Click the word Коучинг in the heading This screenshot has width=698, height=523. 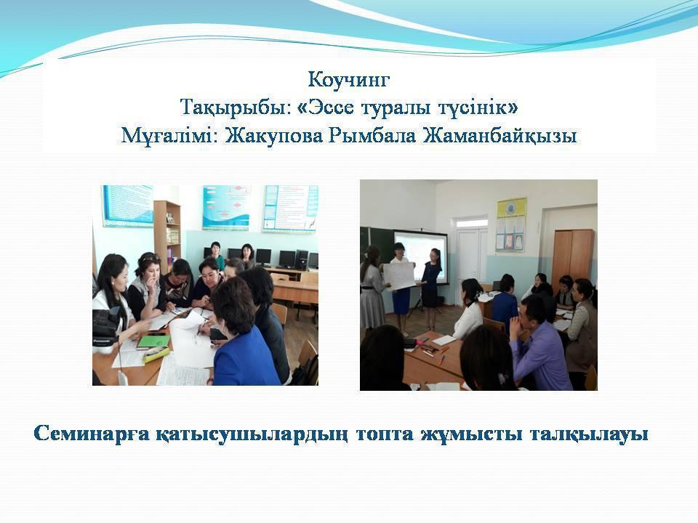350,78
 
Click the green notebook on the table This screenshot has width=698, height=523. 153,341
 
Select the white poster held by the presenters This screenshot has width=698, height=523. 398,277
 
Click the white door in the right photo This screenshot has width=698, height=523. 471,254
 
